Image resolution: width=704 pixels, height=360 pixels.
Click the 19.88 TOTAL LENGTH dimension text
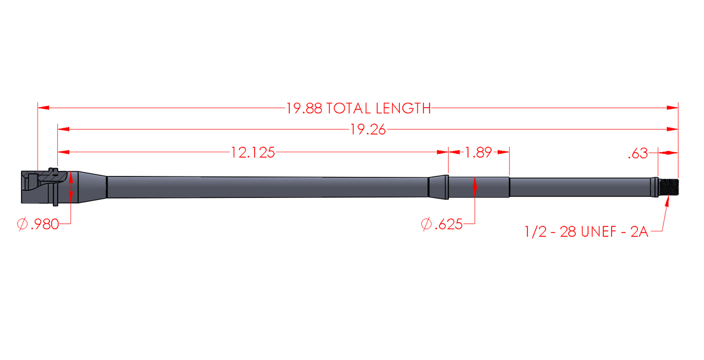tap(359, 108)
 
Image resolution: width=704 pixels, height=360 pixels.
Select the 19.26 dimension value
tap(368, 130)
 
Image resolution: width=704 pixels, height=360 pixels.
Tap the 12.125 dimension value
tap(252, 152)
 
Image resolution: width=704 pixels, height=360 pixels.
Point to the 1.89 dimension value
tap(479, 152)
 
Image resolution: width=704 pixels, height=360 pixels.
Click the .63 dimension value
tap(638, 154)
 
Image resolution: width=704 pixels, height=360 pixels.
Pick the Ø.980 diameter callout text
tap(38, 224)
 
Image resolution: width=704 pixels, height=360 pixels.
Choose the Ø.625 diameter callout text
tap(442, 224)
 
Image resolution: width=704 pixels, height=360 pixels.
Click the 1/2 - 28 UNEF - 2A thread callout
tap(587, 231)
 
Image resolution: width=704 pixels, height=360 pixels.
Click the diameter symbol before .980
tap(22, 224)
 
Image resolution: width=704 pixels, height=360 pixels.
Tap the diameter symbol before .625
tap(426, 224)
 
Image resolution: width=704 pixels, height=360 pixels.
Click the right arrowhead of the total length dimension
tap(673, 108)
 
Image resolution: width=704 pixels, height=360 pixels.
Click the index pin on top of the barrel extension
tap(53, 169)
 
